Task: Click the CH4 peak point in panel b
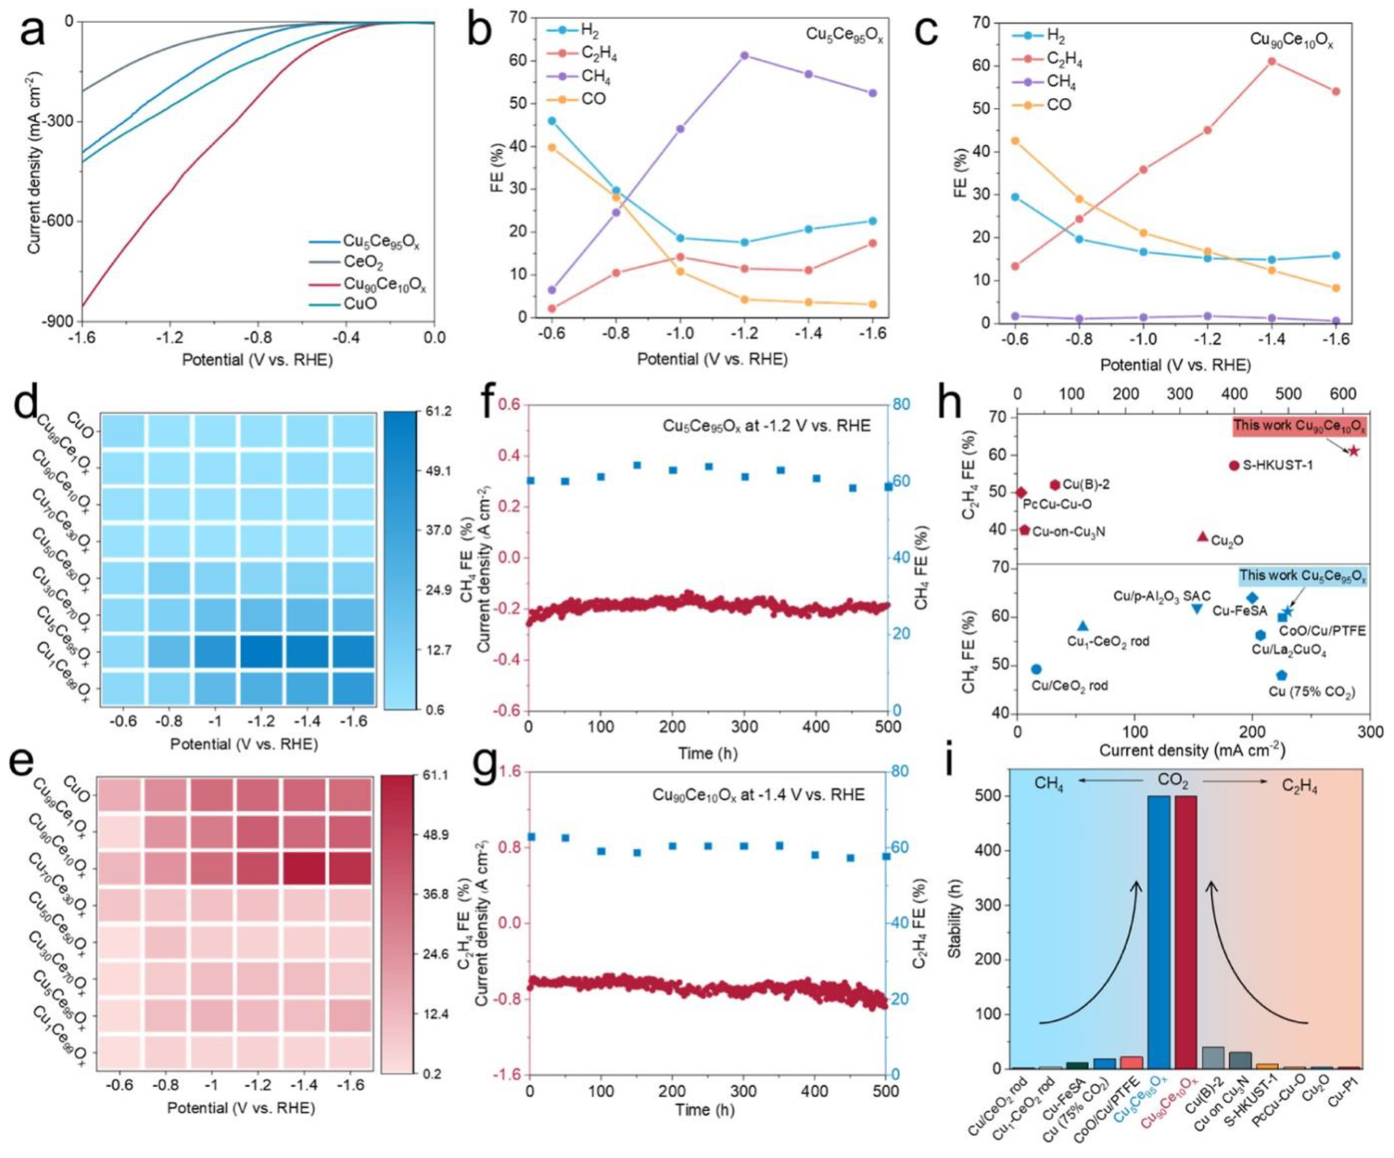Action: [744, 56]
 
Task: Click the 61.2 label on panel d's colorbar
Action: [439, 412]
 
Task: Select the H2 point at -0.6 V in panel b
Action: [551, 121]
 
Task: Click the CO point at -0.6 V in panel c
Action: [1014, 141]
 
